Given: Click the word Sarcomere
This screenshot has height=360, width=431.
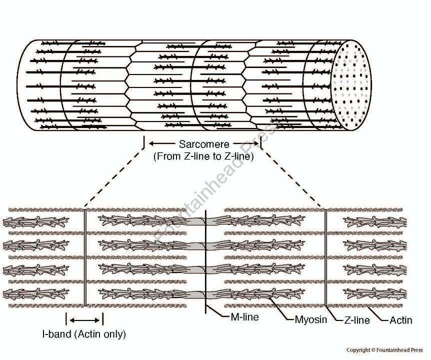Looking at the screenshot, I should click(204, 145).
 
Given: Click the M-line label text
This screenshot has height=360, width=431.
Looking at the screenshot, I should click(244, 317).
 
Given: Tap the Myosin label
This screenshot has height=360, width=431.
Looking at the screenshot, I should click(310, 319).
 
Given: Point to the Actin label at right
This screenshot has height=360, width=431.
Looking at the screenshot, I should click(400, 320).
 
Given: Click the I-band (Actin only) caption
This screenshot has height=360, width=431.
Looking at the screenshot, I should click(83, 334).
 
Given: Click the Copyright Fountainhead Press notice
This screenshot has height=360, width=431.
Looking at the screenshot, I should click(384, 350).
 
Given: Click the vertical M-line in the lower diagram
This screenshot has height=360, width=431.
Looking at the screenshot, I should click(206, 260).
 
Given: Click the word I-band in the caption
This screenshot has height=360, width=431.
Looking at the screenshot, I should click(57, 334).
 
